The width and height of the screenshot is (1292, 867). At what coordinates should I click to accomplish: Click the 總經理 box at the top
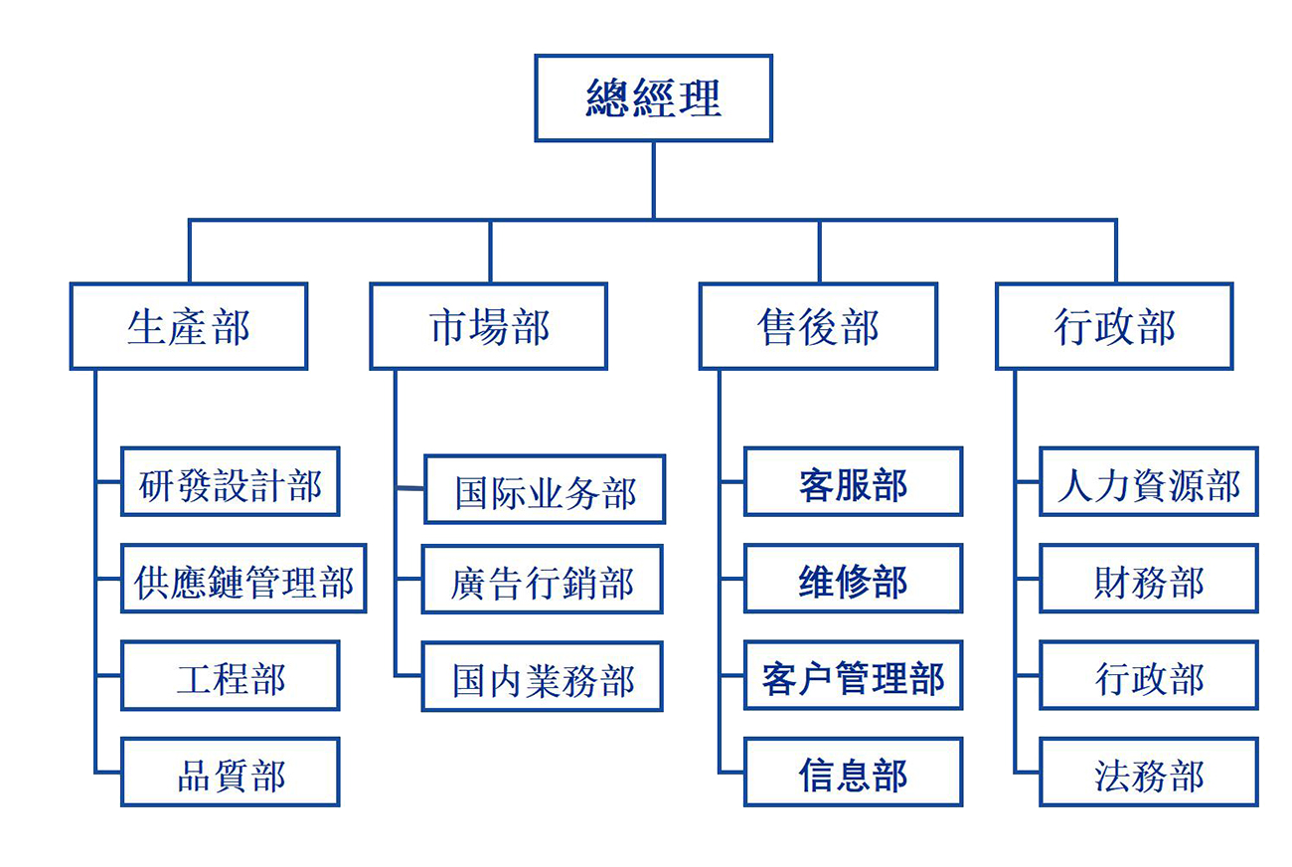pyautogui.click(x=653, y=97)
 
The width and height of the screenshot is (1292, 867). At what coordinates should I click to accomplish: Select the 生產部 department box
pyautogui.click(x=188, y=326)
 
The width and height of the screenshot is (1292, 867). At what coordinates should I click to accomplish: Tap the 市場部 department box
pyautogui.click(x=488, y=326)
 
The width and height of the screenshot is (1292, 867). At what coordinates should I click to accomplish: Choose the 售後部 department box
pyautogui.click(x=817, y=326)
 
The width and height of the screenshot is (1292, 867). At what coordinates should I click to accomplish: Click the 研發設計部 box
pyautogui.click(x=230, y=481)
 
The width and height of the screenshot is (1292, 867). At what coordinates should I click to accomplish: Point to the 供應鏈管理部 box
pyautogui.click(x=242, y=578)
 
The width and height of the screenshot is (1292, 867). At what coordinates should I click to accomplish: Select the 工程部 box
pyautogui.click(x=230, y=675)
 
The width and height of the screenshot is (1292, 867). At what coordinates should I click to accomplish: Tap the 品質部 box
pyautogui.click(x=230, y=772)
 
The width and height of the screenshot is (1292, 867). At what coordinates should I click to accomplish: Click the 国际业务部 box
pyautogui.click(x=545, y=489)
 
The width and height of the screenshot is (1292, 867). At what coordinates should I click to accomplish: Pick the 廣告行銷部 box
pyautogui.click(x=542, y=579)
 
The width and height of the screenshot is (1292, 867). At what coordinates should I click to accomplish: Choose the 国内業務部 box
pyautogui.click(x=542, y=676)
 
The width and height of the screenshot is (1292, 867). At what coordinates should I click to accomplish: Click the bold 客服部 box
pyautogui.click(x=853, y=481)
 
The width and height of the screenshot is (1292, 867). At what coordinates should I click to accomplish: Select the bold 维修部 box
pyautogui.click(x=853, y=578)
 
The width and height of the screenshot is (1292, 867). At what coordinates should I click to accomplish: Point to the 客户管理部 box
pyautogui.click(x=853, y=675)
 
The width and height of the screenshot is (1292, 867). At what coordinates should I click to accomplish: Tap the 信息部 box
pyautogui.click(x=853, y=772)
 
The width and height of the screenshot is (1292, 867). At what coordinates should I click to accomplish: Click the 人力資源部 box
pyautogui.click(x=1148, y=481)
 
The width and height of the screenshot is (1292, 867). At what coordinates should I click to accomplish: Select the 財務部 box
pyautogui.click(x=1148, y=578)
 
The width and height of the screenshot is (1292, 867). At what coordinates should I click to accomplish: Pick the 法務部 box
pyautogui.click(x=1148, y=772)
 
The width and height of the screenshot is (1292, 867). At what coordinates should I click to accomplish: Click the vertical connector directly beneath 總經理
pyautogui.click(x=653, y=179)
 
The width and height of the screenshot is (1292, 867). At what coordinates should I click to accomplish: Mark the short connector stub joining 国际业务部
pyautogui.click(x=409, y=488)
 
